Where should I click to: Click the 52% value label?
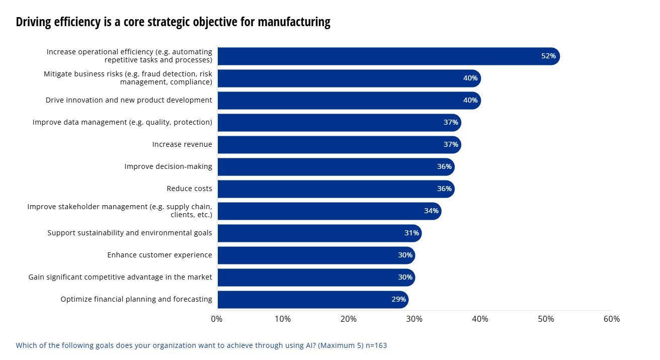point(548,56)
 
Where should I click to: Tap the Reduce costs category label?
point(189,189)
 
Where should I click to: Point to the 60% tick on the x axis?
point(612,319)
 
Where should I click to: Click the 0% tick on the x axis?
point(217,319)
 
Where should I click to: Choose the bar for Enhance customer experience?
point(316,255)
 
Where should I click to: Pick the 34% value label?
point(431,211)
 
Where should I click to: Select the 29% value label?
point(398,299)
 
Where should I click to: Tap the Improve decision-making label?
point(168,166)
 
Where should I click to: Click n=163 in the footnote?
point(375,345)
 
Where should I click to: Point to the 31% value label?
point(411,233)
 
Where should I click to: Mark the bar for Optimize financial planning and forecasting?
point(312,299)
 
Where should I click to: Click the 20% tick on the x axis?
point(349,319)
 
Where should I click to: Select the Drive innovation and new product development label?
point(129,100)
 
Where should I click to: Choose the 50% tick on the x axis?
point(546,319)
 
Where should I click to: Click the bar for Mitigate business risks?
point(349,78)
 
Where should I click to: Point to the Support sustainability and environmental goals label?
point(130,233)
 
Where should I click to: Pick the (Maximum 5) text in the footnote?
point(340,345)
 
